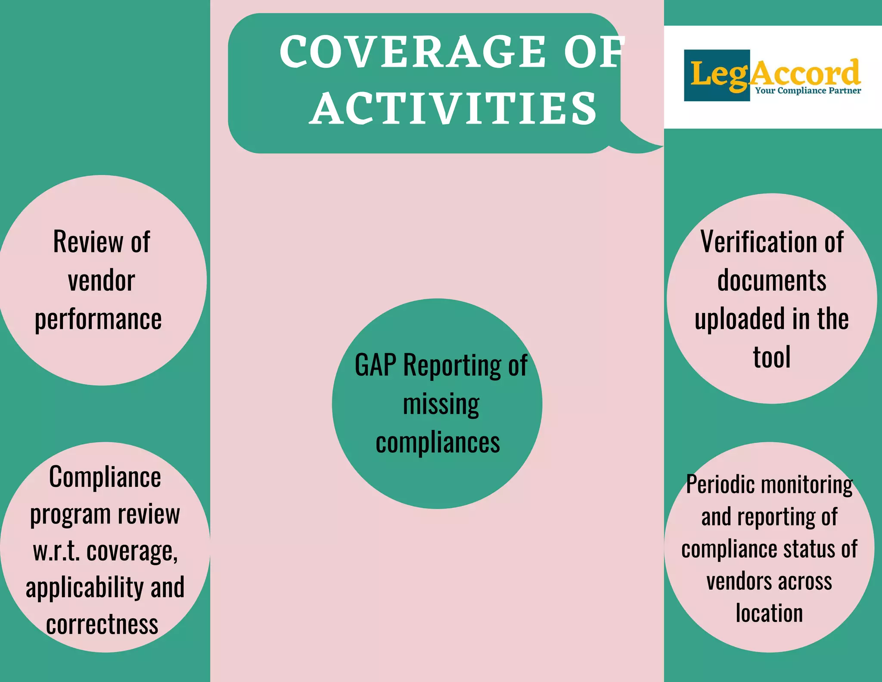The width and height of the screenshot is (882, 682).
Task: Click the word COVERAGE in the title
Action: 413,52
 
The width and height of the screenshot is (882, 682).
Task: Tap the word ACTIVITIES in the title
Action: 453,109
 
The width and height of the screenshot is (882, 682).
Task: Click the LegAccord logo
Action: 773,75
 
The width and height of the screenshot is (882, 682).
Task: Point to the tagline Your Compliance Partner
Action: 808,90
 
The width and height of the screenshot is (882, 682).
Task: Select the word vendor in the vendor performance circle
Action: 102,281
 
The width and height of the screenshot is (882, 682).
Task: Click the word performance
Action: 98,320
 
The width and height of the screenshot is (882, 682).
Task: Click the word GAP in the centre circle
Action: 375,365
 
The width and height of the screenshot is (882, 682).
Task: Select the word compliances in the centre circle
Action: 438,443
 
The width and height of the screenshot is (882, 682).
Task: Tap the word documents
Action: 772,281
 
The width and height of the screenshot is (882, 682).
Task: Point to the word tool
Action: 772,358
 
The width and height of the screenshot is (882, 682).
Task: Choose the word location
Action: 769,613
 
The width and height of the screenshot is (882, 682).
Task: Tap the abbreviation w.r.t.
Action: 56,551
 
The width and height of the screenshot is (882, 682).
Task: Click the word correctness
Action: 102,625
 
